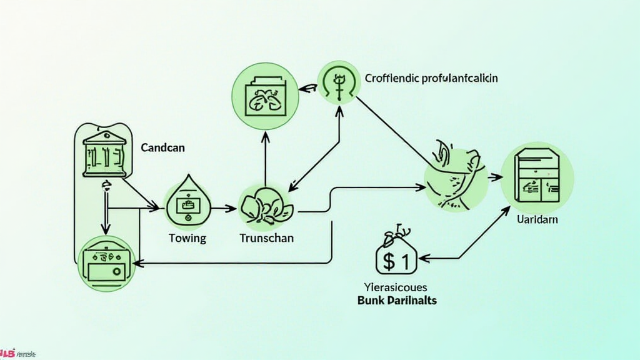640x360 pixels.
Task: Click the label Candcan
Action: [163, 149]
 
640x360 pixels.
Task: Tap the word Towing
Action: [187, 238]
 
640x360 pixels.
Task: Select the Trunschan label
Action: [267, 238]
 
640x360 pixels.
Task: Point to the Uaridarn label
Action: [537, 220]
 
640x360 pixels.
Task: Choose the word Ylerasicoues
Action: [396, 287]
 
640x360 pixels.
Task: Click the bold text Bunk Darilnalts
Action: [397, 300]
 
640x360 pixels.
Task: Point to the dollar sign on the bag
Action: [390, 262]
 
